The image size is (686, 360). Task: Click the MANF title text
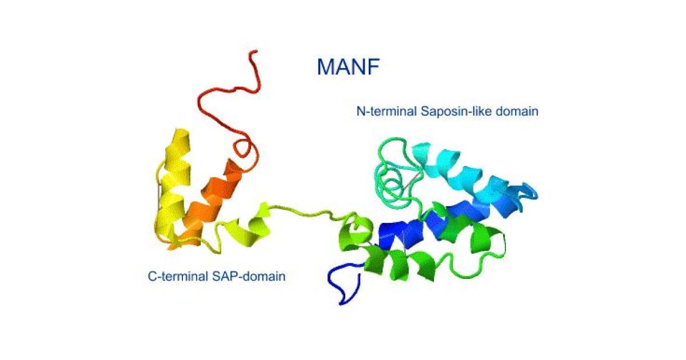coord(349,67)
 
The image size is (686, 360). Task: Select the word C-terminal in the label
coord(178,277)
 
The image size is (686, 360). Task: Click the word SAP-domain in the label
coord(249,277)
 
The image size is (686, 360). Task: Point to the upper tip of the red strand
coord(254,52)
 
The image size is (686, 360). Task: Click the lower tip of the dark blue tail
coord(341,303)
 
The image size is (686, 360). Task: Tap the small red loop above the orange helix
coord(245,150)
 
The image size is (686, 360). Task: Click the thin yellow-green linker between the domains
coord(306,211)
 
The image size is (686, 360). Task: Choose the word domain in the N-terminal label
coord(517,111)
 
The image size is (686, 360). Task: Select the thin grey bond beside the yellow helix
coord(158,196)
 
